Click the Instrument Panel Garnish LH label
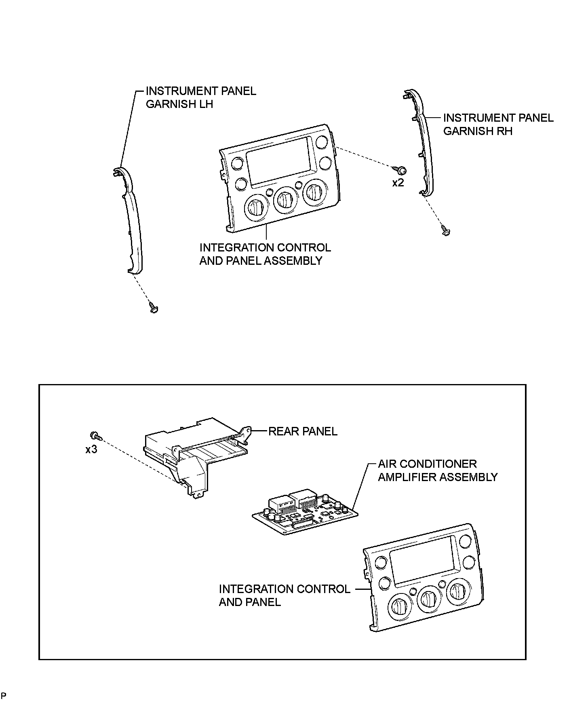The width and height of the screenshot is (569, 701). [x=200, y=97]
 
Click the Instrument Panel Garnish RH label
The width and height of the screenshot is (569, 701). [x=498, y=125]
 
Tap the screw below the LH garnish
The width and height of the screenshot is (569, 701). [x=154, y=308]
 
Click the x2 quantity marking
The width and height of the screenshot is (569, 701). [x=398, y=183]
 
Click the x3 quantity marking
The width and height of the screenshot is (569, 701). [x=91, y=449]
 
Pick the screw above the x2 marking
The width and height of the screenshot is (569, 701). [x=401, y=170]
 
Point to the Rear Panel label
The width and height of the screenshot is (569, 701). [x=303, y=431]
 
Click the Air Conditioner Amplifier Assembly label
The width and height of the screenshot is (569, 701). [x=437, y=471]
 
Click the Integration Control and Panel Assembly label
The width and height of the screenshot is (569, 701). [x=265, y=254]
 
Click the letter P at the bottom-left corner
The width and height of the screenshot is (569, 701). [x=3, y=695]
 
